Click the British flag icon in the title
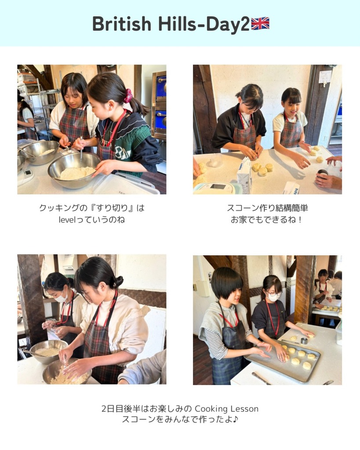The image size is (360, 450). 260,24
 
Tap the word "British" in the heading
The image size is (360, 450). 122,24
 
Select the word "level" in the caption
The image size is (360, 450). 66,220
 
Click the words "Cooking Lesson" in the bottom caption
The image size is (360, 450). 226,409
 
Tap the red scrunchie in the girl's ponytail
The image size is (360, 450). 128,95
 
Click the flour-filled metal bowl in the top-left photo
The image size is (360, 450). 74,170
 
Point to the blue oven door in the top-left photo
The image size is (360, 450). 161,120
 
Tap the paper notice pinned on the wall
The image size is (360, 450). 325,77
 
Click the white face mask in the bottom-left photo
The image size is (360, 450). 61,297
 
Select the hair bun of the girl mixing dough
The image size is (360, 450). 118,282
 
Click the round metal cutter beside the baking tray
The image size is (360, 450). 304,341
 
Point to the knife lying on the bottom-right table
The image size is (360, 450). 261,378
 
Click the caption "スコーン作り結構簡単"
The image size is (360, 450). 267,208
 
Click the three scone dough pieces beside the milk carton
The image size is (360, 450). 262,169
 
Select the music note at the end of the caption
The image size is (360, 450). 235,419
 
